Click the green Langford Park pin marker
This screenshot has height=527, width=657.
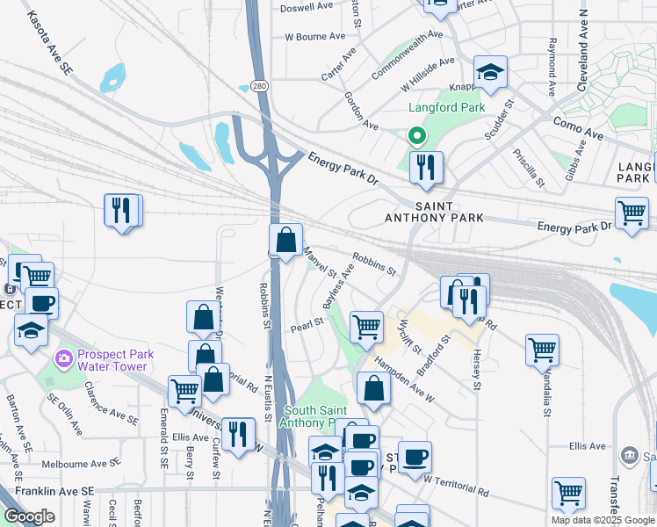coord(416,136)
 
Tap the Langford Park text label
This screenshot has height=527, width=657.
coord(446,108)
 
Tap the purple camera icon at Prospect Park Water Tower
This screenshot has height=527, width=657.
coord(63,357)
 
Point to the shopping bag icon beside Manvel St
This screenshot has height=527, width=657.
coord(286,240)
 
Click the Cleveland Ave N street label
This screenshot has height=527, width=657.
coord(582,49)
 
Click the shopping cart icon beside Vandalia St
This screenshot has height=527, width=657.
coord(542,350)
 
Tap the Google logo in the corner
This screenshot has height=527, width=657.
coord(30,516)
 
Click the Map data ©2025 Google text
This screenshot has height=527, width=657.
coord(603,520)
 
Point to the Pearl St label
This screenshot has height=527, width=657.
coord(314,321)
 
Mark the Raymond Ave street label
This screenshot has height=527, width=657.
coord(552,67)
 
